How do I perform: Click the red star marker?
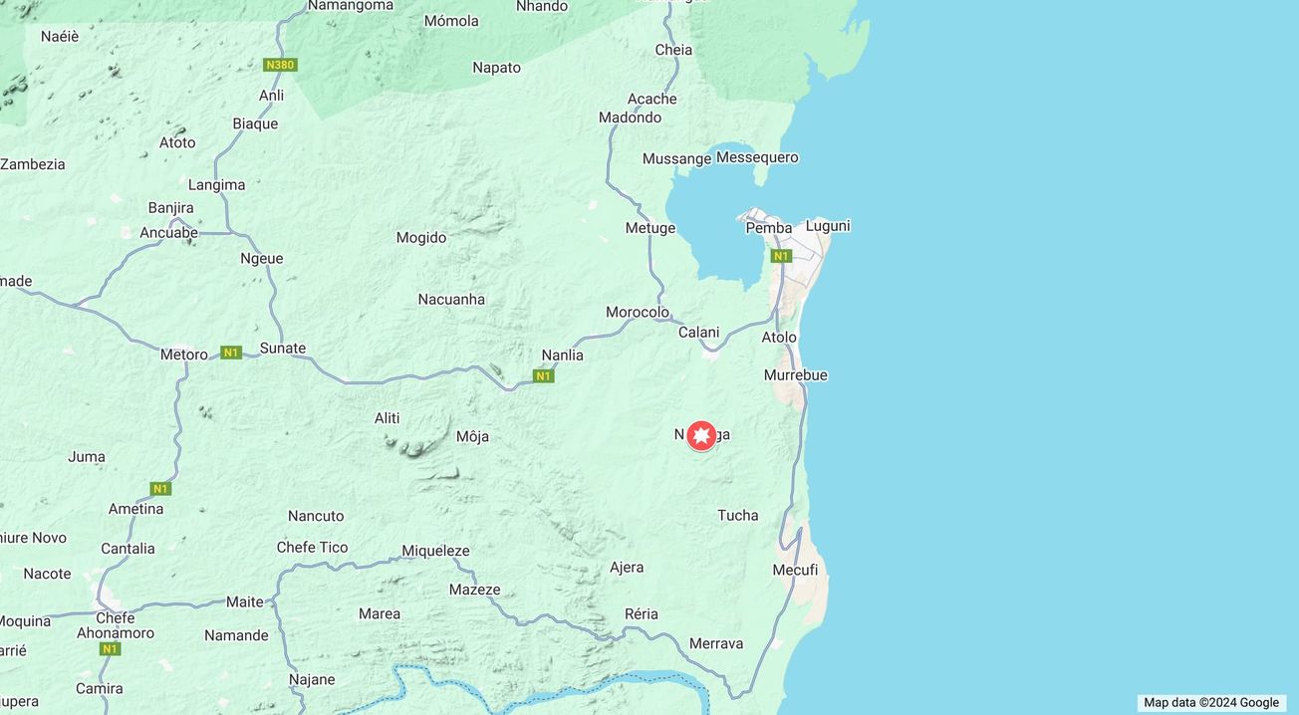[x=701, y=435]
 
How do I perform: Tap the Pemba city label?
[x=769, y=228]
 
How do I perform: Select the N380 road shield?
[x=280, y=65]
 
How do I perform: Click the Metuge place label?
[x=650, y=228]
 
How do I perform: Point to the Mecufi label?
[x=795, y=570]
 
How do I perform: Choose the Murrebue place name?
[x=795, y=375]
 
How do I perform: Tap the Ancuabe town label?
[x=168, y=233]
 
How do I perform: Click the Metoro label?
[x=184, y=355]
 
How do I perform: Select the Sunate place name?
[x=283, y=349]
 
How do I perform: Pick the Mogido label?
[x=421, y=238]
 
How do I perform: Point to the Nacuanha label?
[x=451, y=300]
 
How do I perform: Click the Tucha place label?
[x=738, y=516]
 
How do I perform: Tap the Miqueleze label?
[x=435, y=551]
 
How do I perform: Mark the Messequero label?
[x=757, y=157]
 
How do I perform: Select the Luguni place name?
[x=828, y=226]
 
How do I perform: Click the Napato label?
[x=496, y=68]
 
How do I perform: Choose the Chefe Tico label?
[x=313, y=548]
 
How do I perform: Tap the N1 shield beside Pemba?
[x=781, y=256]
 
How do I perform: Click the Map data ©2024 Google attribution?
[x=1210, y=702]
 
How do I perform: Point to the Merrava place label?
[x=716, y=644]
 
